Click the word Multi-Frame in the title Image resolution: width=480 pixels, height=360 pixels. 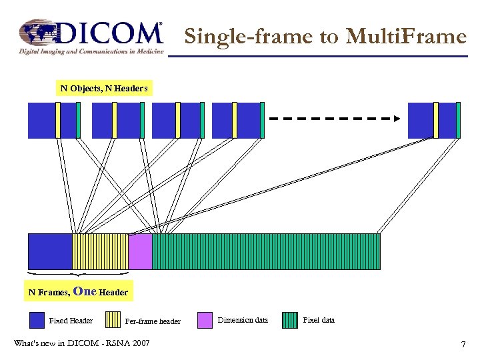click(x=406, y=37)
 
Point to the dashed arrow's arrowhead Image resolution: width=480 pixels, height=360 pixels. click(x=396, y=119)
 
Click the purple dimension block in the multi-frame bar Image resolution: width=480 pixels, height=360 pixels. click(x=140, y=251)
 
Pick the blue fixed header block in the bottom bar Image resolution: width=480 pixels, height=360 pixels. click(x=49, y=251)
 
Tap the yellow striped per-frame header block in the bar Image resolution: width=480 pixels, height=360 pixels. click(x=100, y=251)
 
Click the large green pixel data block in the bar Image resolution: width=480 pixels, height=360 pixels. click(x=266, y=251)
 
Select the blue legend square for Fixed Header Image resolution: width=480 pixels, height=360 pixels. click(x=37, y=321)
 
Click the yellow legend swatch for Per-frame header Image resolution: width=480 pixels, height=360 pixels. click(x=113, y=321)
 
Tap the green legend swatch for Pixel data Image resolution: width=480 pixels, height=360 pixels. click(x=290, y=321)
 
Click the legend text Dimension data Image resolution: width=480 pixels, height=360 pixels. click(x=243, y=321)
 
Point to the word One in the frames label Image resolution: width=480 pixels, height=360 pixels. click(x=85, y=291)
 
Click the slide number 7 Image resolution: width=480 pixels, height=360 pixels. click(x=463, y=345)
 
